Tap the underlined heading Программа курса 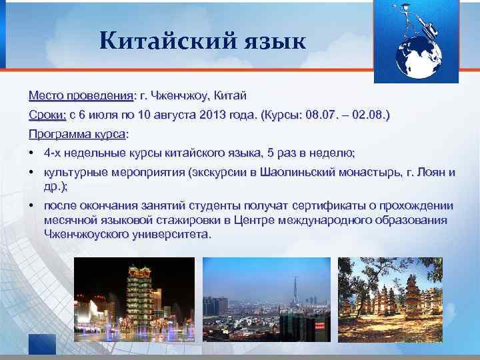point(77,133)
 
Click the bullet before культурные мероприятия point(33,173)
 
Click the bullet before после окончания point(33,206)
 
